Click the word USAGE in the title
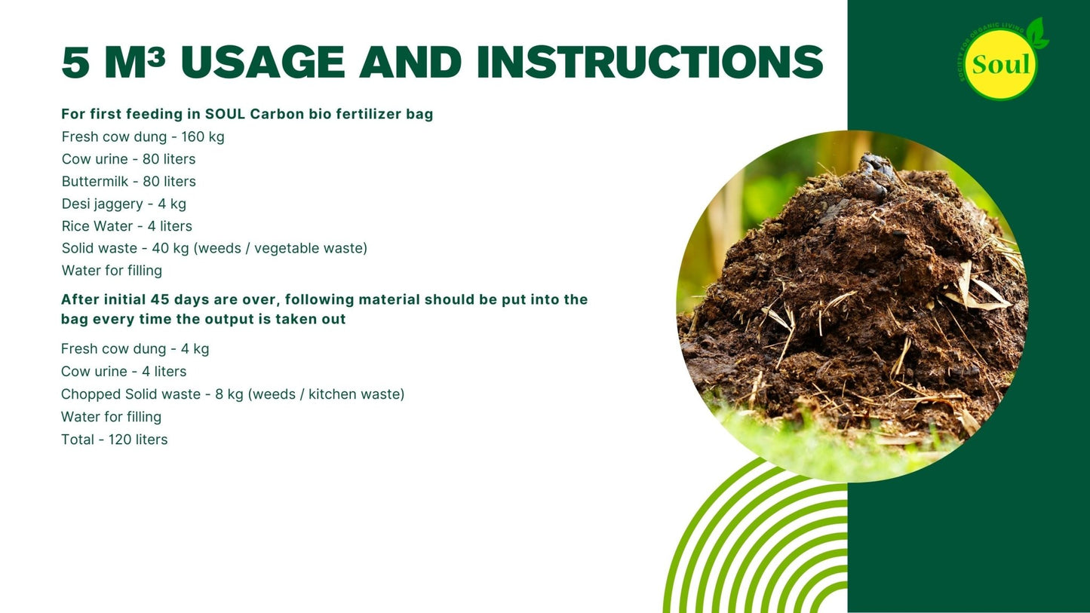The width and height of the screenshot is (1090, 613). click(x=263, y=62)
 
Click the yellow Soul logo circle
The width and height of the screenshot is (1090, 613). click(x=1000, y=64)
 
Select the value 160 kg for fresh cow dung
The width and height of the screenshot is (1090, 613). click(x=203, y=136)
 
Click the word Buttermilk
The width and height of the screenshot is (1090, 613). click(x=95, y=181)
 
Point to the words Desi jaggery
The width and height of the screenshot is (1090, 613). click(x=102, y=204)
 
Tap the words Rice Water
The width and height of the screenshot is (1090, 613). click(x=97, y=225)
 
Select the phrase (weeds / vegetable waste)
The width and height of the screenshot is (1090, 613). click(x=281, y=248)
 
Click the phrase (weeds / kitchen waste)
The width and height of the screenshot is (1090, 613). click(x=326, y=394)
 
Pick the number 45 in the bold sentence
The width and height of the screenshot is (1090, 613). click(x=160, y=299)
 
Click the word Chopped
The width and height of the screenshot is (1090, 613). click(x=91, y=394)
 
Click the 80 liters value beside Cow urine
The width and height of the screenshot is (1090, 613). click(x=169, y=159)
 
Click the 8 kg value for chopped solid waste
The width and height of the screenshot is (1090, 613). click(x=229, y=394)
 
